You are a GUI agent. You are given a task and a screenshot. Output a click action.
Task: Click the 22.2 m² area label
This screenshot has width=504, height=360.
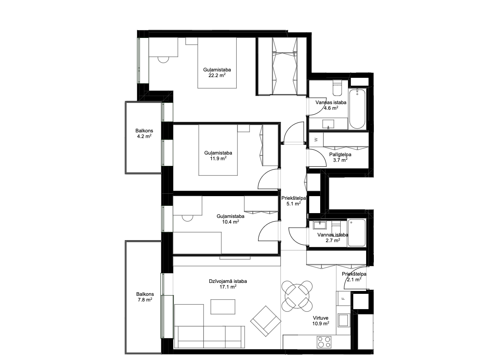[217, 75]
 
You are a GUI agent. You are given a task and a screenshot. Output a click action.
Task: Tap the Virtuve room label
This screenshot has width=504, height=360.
[321, 318]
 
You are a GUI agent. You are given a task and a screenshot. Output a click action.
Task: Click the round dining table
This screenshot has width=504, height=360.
[297, 296]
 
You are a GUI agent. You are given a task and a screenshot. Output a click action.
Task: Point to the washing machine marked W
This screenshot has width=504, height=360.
[316, 140]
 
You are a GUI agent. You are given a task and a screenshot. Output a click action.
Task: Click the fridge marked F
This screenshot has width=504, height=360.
[344, 299]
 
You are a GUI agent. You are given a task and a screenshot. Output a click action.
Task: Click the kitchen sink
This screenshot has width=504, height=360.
[344, 320]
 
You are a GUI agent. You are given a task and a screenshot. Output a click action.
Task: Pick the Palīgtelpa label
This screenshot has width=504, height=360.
[340, 155]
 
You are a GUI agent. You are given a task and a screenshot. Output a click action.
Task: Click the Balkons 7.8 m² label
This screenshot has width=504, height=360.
[145, 297]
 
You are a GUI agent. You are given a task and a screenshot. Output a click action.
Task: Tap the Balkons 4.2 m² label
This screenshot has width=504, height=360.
[144, 133]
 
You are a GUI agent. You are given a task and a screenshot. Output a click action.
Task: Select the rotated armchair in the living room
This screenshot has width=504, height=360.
[266, 321]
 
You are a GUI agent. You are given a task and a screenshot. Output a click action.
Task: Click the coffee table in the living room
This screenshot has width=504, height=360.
[223, 307]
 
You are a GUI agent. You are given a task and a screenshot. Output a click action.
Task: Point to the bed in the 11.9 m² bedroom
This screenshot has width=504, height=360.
[218, 150]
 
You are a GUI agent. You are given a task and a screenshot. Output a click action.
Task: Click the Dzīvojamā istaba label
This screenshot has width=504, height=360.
[228, 281]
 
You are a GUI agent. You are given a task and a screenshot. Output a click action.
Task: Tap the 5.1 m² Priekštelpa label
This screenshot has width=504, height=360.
[294, 201]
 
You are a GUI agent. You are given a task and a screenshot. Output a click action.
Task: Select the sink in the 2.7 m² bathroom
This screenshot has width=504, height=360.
[320, 225]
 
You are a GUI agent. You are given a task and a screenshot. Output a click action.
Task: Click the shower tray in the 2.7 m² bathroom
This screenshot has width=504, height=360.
[356, 232]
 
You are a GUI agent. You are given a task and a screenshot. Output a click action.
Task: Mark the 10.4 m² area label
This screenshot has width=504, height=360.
[230, 222]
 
